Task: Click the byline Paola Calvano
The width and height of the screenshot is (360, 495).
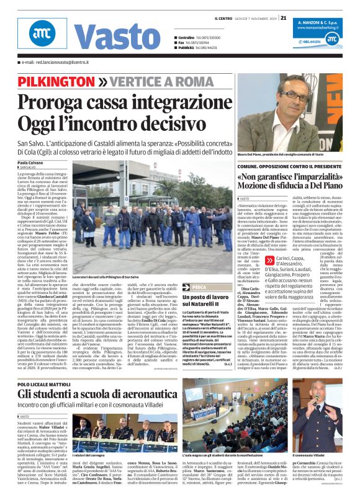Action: point(31,163)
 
